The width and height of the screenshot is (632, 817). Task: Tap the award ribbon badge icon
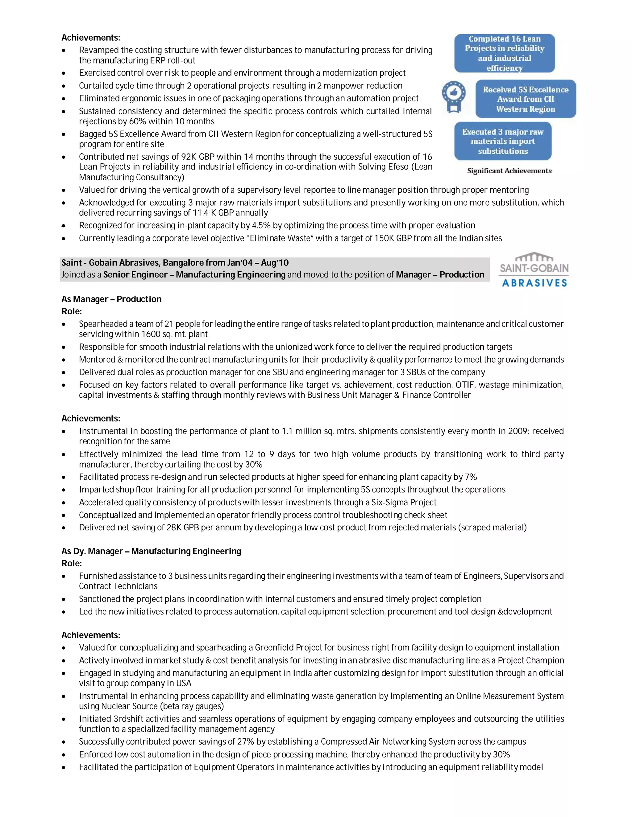coord(453,96)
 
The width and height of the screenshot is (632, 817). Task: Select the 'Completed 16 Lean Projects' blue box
coord(504,53)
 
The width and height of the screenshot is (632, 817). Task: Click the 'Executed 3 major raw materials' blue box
coord(502,141)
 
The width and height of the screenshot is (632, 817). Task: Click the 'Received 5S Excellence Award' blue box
coord(525,99)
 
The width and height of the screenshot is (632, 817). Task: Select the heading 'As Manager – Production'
coord(112,299)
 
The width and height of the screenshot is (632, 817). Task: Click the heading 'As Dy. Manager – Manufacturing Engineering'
coord(151,551)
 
